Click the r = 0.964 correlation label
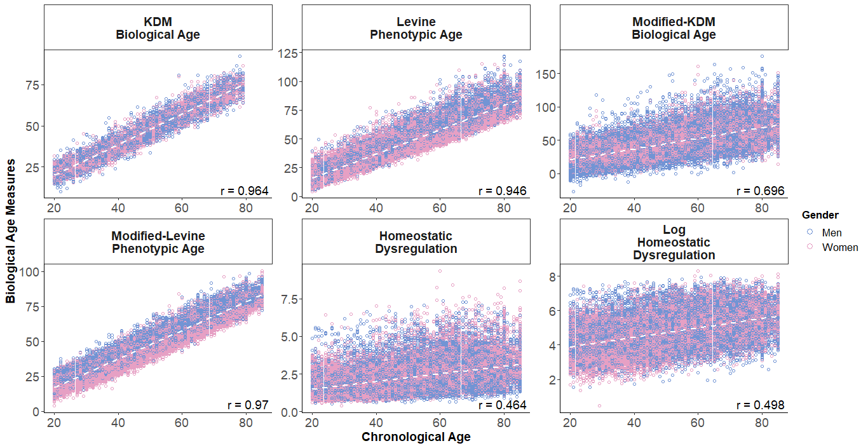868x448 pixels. tap(244, 191)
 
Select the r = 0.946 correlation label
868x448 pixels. tap(502, 191)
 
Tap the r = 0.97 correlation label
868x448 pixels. tap(248, 405)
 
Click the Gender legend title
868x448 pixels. tap(820, 215)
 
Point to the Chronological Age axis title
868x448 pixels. tap(416, 437)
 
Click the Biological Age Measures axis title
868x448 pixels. tap(11, 231)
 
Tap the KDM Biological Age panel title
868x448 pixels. tap(158, 28)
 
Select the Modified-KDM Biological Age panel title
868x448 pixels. tap(674, 28)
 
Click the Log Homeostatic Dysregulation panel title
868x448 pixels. tap(674, 242)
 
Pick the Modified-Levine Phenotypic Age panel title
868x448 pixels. tap(158, 242)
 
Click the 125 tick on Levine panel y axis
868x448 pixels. tap(290, 53)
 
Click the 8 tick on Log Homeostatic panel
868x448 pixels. tap(552, 276)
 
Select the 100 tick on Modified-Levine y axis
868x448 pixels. tap(31, 272)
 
